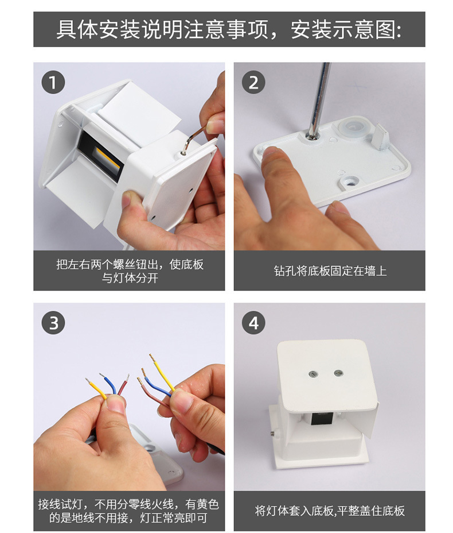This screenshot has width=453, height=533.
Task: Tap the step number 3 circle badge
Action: pos(53,323)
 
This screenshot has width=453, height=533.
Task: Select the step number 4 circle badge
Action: pos(253,323)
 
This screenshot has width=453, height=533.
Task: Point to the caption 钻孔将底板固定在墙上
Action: pos(330,271)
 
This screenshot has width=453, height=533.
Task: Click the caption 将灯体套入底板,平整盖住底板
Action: pos(330,511)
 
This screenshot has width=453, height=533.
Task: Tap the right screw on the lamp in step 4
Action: pos(337,373)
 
